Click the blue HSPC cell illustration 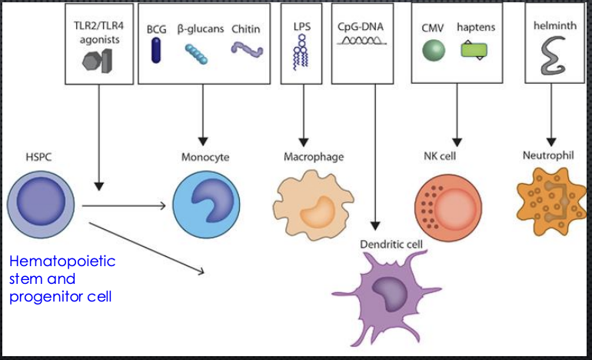pyautogui.click(x=38, y=205)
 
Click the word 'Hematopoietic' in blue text pyautogui.click(x=62, y=262)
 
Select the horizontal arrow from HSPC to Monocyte pyautogui.click(x=123, y=205)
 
